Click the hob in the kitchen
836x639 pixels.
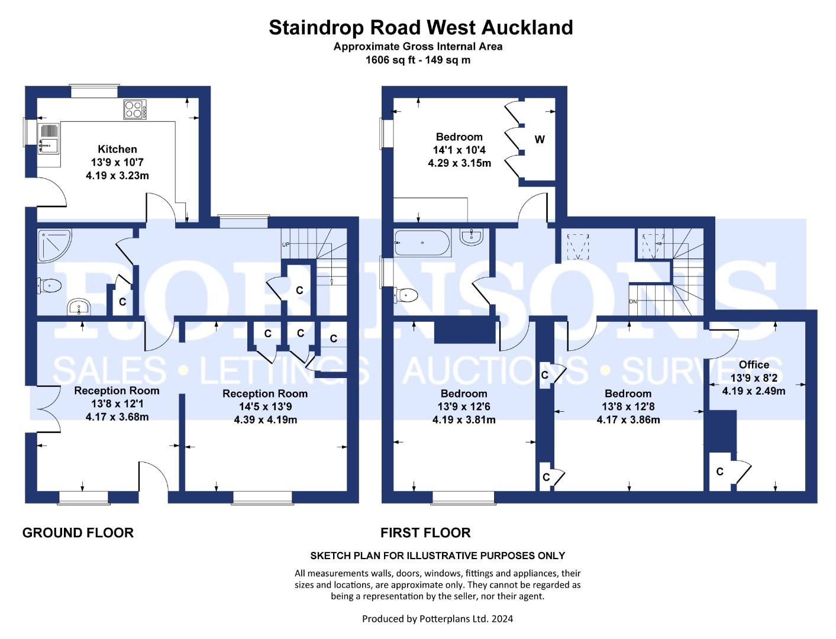coord(135,109)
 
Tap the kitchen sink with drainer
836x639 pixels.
coord(49,138)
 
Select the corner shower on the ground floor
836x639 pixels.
coord(54,246)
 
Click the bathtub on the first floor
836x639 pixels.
coord(422,243)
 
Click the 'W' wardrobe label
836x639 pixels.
coord(540,140)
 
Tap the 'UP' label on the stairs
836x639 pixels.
coord(286,244)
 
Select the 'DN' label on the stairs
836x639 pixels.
coord(633,302)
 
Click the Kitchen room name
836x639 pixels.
coord(117,149)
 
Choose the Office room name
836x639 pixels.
coord(754,364)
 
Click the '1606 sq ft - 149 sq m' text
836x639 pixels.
coord(418,60)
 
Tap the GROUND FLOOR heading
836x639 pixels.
coord(78,532)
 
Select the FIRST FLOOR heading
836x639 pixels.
coord(425,532)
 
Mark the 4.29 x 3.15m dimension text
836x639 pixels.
coord(459,163)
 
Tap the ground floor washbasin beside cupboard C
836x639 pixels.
coord(79,307)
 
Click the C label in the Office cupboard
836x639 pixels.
coord(719,472)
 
